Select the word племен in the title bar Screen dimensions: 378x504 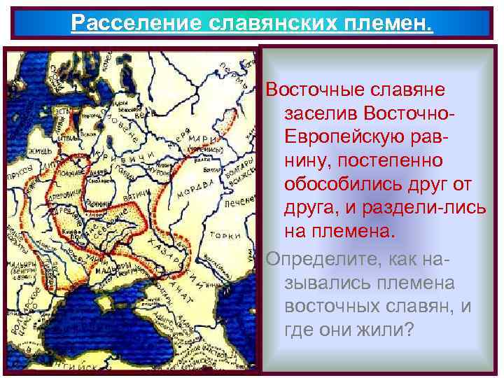pyautogui.click(x=391, y=22)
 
